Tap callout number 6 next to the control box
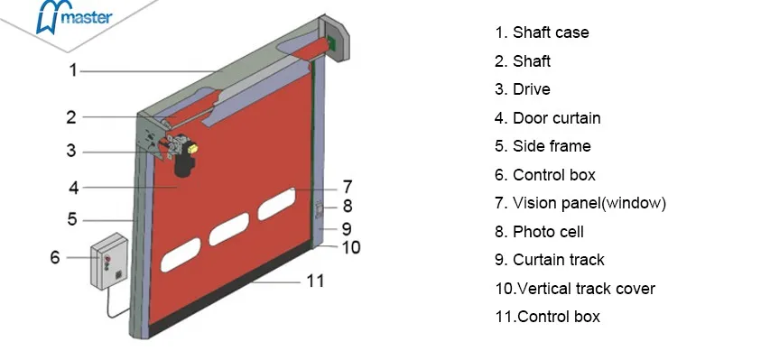click(54, 257)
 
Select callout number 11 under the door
click(313, 281)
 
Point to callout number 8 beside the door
click(346, 207)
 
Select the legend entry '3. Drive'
click(522, 89)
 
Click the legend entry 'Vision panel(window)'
click(580, 203)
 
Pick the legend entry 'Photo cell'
click(539, 232)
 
